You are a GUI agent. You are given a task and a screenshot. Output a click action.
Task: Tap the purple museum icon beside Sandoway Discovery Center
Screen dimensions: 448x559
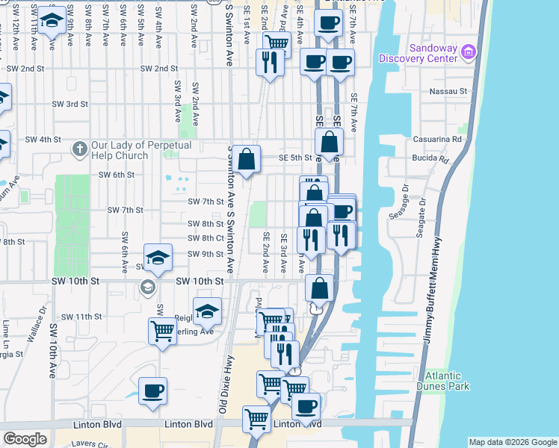tap(469, 52)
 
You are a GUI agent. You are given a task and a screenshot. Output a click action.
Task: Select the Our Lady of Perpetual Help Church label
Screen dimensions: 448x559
tap(142, 150)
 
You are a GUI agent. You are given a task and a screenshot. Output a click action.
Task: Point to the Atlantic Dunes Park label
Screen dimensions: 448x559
tap(448, 381)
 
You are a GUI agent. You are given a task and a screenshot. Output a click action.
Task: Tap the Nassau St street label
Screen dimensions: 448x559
tap(448, 92)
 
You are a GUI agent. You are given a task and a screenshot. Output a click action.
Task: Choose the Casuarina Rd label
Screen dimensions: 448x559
tap(437, 140)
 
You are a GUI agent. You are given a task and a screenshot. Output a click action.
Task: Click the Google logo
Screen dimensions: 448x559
tap(25, 439)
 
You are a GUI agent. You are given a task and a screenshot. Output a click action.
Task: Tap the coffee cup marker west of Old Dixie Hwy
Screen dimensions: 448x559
tap(152, 391)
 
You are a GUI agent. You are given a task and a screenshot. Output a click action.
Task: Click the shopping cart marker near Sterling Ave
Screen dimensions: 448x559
tap(162, 329)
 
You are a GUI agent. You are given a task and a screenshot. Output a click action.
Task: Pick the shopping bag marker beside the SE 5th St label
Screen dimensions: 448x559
tap(246, 158)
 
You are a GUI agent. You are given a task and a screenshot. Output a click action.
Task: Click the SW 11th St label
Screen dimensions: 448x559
tap(81, 317)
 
